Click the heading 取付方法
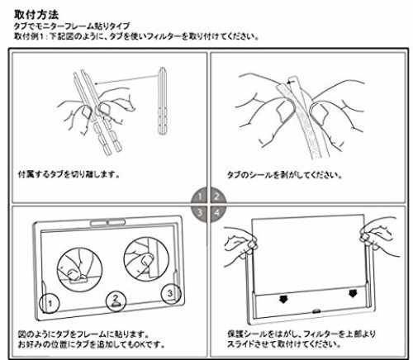coord(36,15)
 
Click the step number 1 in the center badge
coord(200,197)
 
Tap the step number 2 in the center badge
coord(217,197)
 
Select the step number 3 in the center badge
coord(200,212)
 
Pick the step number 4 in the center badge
coord(217,212)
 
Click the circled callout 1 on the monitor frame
coord(50,304)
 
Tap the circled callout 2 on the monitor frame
coord(116,301)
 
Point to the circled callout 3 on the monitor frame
coord(171,293)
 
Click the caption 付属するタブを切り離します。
coord(69,174)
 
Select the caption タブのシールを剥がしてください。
coord(284,175)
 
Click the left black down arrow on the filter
coord(283,299)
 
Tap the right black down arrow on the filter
coord(353,293)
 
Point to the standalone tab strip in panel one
coord(162,101)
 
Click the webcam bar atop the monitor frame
coord(108,222)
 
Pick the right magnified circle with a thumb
coord(146,259)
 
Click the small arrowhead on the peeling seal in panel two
coord(288,82)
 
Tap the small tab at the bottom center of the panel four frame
coord(316,311)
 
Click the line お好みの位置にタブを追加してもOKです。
coord(92,344)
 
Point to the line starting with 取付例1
coord(136,36)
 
